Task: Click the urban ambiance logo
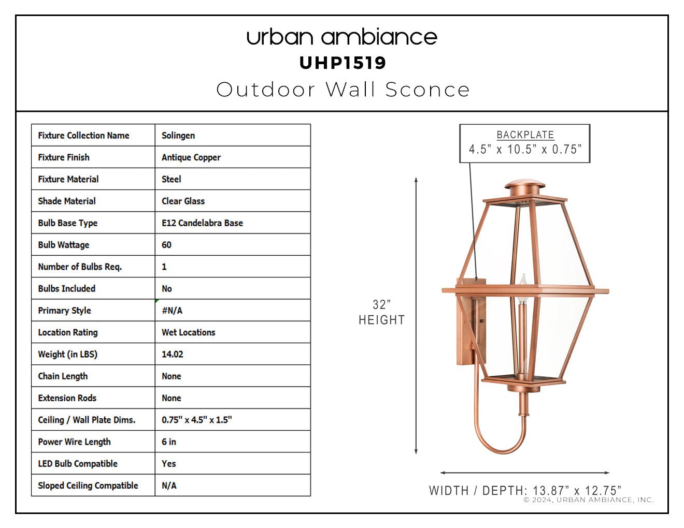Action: coord(342,37)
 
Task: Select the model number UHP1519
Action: coord(343,63)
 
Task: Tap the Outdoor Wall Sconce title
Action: coord(343,90)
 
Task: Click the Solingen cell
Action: coord(178,136)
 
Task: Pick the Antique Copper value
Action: coord(191,157)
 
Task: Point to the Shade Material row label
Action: coord(67,201)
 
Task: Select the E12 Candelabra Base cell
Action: coord(203,223)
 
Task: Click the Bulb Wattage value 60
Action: coord(166,245)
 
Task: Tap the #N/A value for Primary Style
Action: coord(172,311)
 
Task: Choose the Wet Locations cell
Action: coord(189,332)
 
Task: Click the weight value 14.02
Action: coord(172,354)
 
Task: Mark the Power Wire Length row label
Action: coord(74,442)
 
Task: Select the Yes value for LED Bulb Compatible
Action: coord(169,463)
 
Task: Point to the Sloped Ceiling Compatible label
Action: coord(88,486)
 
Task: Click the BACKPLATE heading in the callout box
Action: coord(525,135)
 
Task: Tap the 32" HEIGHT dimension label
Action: coord(381,312)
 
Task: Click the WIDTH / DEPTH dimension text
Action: coord(525,490)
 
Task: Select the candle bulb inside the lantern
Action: coord(523,289)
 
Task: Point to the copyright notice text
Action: coord(589,500)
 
